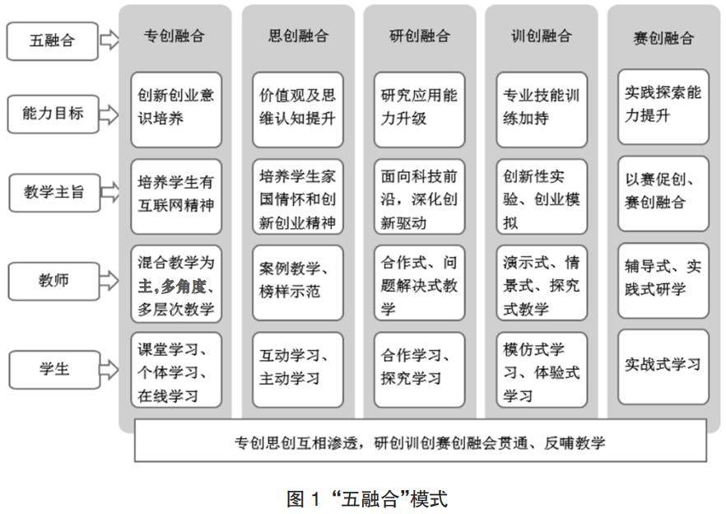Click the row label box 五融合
point(52,40)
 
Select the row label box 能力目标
point(52,114)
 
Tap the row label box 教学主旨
point(52,193)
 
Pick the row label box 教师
point(52,280)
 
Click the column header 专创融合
point(175,36)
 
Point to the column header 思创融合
point(298,36)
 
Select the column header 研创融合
point(420,36)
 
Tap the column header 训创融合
point(542,36)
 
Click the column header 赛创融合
point(663,38)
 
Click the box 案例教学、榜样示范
point(298,281)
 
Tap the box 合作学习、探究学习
point(420,368)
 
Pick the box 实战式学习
point(663,365)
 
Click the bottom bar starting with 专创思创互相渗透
point(420,442)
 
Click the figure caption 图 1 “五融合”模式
point(366,498)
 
